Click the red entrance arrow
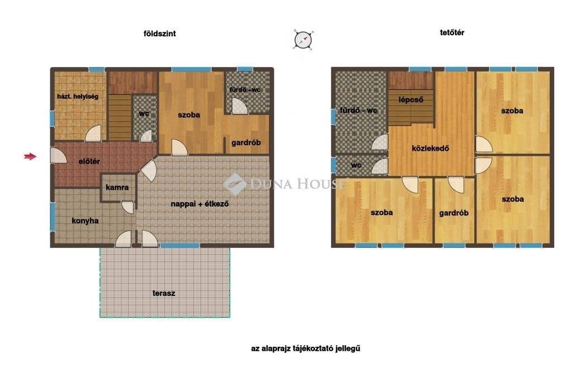click(x=30, y=156)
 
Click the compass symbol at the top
click(x=303, y=40)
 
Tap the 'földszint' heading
click(x=159, y=34)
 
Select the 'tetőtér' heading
click(x=452, y=32)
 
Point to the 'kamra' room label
click(x=117, y=188)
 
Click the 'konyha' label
click(x=85, y=221)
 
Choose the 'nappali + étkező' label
click(x=199, y=204)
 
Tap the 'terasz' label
click(x=164, y=293)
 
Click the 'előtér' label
click(x=89, y=161)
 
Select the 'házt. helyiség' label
click(x=78, y=97)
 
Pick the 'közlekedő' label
click(x=430, y=149)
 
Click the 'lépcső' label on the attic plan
click(x=411, y=99)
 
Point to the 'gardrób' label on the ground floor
click(x=246, y=142)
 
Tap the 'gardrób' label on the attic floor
click(x=454, y=213)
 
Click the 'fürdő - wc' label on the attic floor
click(x=358, y=110)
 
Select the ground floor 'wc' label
click(x=144, y=113)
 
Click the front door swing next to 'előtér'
click(x=58, y=155)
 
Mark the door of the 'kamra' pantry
click(x=128, y=207)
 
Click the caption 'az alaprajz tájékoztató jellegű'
click(x=306, y=348)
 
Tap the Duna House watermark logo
click(x=235, y=184)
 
